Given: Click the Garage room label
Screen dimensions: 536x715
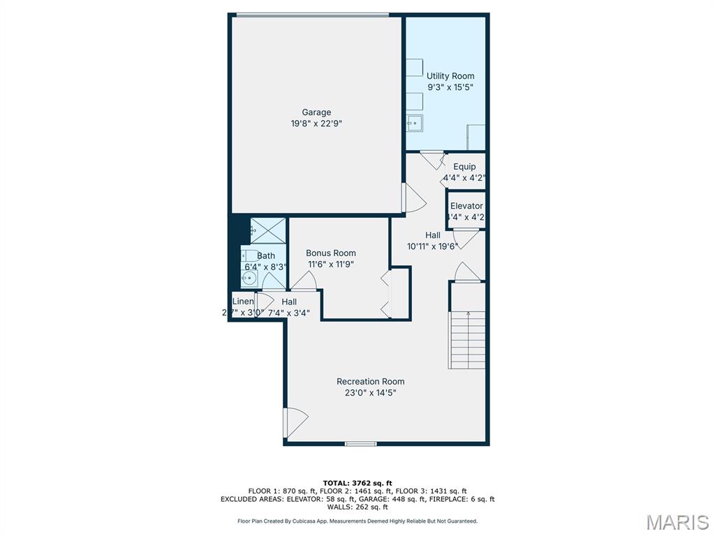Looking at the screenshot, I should (316, 112).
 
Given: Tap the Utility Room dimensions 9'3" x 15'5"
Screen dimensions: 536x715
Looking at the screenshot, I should (450, 88).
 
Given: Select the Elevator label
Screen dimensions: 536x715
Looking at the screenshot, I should (466, 206).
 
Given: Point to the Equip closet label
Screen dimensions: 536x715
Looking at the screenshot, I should (464, 166).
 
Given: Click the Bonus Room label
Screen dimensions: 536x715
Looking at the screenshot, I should (331, 253).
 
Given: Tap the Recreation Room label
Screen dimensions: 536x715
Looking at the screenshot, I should (370, 381).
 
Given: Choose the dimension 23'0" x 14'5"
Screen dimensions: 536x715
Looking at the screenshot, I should (370, 393).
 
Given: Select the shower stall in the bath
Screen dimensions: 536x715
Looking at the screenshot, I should (268, 229).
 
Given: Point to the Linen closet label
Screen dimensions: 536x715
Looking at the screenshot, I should (243, 301).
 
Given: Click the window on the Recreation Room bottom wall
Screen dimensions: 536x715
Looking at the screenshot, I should (361, 443).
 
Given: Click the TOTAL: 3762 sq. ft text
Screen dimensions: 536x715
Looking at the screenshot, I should (357, 483).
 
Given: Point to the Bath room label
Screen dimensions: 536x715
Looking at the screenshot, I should (265, 255).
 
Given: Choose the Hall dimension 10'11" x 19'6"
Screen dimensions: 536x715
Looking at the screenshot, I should (432, 246).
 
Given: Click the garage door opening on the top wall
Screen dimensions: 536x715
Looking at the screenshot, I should (312, 15).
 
